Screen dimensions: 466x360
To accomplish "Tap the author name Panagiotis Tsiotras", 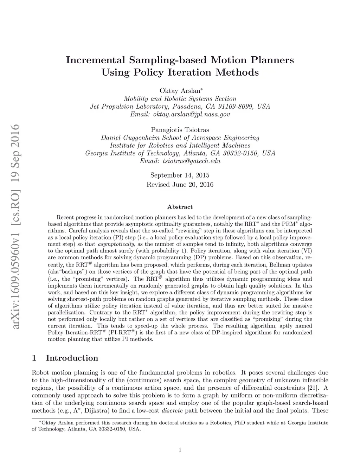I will [x=180, y=130].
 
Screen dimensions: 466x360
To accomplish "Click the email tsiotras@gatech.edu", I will [x=191, y=161].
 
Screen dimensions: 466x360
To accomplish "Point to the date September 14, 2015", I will [x=180, y=175].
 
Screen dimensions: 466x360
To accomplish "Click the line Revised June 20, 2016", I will [x=180, y=184].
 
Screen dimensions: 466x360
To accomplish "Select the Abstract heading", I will [x=180, y=207].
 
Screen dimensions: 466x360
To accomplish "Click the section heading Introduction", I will [x=72, y=358].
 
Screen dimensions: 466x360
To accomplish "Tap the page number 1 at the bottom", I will [x=180, y=449].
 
